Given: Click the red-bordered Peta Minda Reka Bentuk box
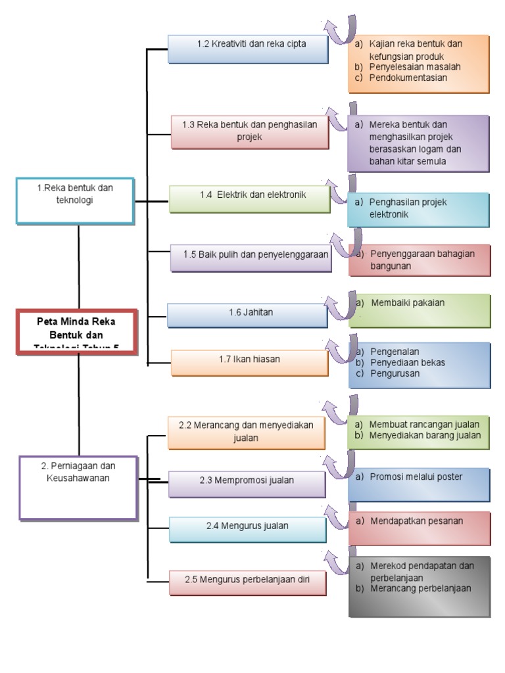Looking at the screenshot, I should [x=78, y=332].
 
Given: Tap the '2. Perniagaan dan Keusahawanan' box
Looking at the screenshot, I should [x=78, y=488].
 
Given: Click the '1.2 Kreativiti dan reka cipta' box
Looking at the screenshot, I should [x=248, y=49].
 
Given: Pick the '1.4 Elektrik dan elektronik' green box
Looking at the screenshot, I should [x=250, y=198].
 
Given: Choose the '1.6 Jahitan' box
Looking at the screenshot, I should [x=247, y=314].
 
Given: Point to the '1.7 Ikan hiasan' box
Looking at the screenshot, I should [x=249, y=362].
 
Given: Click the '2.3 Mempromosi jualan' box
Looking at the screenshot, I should [x=247, y=484].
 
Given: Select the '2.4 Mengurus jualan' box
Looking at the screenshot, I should [x=247, y=529].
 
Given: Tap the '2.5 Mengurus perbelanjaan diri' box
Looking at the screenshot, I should [x=247, y=582].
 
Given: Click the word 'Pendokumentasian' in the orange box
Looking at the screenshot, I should [x=408, y=78].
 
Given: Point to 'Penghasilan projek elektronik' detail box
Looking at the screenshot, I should [x=419, y=209].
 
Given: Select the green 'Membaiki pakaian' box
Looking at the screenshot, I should [x=419, y=310].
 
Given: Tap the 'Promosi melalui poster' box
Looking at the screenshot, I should [x=419, y=484].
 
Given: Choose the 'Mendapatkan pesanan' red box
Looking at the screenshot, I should [x=419, y=528].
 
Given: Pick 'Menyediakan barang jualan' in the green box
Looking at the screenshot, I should [x=425, y=435].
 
